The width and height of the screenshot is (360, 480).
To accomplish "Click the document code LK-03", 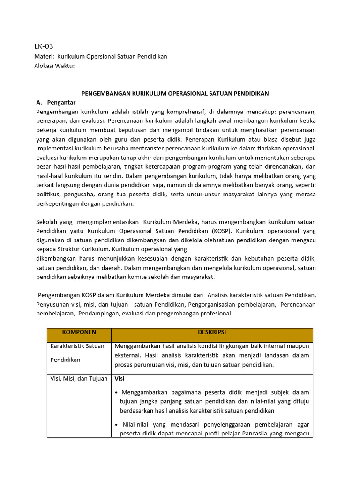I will tap(44, 46).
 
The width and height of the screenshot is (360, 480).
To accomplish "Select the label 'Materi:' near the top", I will tap(44, 56).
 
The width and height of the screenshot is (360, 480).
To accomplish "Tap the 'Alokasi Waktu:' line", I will tap(54, 66).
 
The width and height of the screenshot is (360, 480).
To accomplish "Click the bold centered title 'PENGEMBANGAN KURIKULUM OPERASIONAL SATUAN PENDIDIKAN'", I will tap(175, 93).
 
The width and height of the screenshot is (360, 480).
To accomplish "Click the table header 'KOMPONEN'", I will tap(79, 332).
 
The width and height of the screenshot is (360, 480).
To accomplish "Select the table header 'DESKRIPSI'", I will tap(211, 332).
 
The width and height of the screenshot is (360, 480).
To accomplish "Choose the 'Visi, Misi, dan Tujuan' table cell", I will tap(79, 379).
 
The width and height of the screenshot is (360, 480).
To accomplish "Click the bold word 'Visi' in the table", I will tap(120, 379).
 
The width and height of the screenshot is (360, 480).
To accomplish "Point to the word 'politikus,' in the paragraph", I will tap(48, 195).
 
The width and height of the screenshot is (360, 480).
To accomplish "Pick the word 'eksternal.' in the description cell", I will tap(127, 355).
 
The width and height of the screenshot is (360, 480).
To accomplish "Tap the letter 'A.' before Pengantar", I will tap(39, 102).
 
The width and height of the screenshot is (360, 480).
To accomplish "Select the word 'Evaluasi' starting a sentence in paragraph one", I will tap(48, 157).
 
